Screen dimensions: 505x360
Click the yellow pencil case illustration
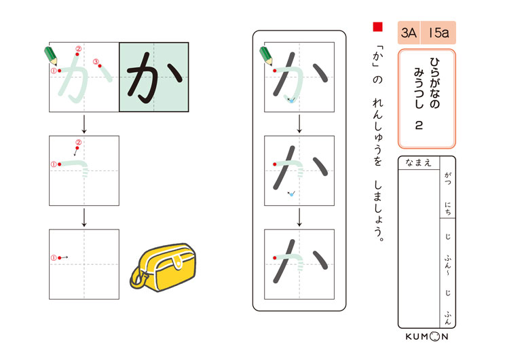(x=163, y=267)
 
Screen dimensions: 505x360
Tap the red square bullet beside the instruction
(x=377, y=26)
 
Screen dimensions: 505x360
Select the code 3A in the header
(x=409, y=33)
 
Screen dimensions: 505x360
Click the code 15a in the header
(x=438, y=33)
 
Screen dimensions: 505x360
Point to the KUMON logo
(x=427, y=336)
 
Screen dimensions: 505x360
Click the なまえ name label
(x=418, y=163)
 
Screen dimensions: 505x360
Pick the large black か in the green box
(x=154, y=77)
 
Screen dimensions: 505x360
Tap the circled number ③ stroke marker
(x=96, y=62)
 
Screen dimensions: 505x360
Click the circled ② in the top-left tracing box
(x=78, y=49)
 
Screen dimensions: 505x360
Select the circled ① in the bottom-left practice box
(x=54, y=258)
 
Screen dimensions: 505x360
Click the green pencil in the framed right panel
(x=266, y=56)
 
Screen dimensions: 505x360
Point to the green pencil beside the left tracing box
(x=51, y=56)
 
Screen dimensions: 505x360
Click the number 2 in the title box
(x=418, y=125)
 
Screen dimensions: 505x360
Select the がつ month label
(x=448, y=179)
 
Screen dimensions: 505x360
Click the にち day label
(x=448, y=209)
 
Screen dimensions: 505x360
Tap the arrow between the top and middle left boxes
(x=84, y=124)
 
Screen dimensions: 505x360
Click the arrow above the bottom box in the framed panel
(x=299, y=217)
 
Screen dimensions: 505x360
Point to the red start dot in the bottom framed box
(x=275, y=258)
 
